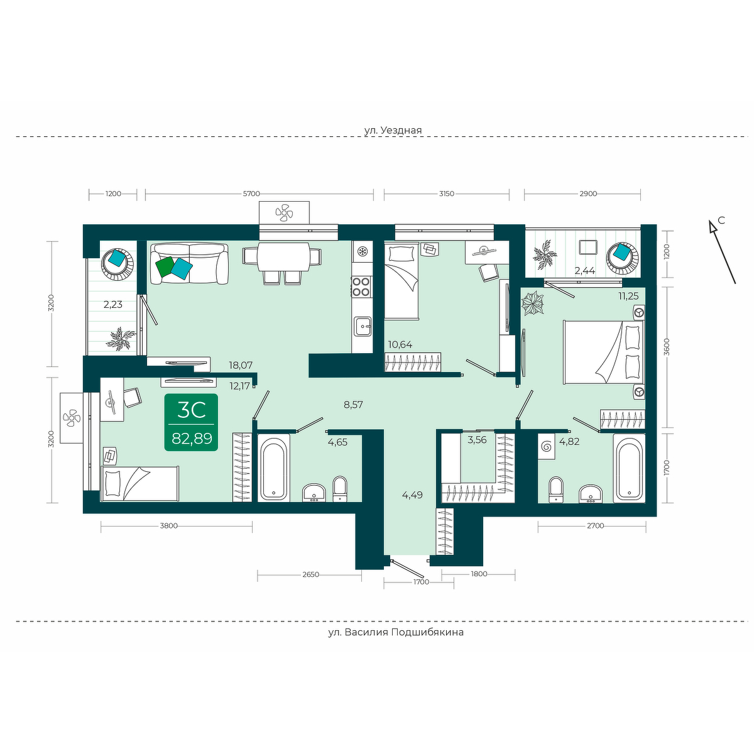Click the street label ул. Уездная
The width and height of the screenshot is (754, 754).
(393, 130)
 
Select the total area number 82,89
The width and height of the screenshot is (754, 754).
(192, 438)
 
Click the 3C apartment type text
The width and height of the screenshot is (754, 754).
(192, 409)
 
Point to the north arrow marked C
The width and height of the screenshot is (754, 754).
(723, 251)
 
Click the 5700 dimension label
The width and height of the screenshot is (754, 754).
(251, 194)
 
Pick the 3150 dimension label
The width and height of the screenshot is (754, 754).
(447, 194)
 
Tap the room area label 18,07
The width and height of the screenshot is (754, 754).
(241, 365)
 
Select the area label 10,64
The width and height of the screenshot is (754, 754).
(400, 344)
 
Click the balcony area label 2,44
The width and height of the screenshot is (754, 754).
(584, 270)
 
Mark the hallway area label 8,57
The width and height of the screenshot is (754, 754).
(353, 405)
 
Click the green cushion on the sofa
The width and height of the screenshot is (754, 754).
(164, 267)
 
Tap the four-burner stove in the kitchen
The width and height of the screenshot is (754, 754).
(361, 287)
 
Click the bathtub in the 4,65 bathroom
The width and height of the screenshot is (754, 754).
(273, 467)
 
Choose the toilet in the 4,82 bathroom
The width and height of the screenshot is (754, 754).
(555, 489)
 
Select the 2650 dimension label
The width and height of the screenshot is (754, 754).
(310, 574)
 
